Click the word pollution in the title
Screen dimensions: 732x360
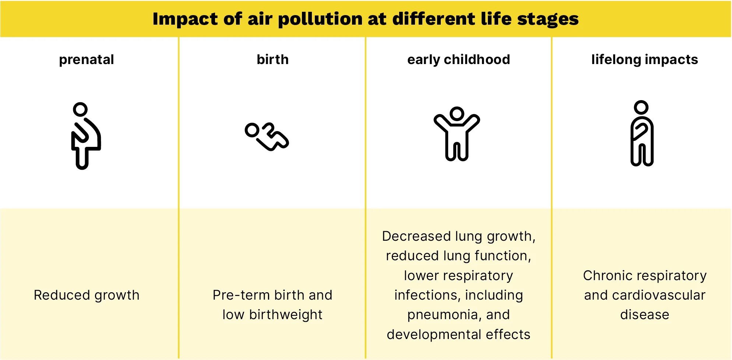(x=320, y=19)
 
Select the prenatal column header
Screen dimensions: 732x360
(x=87, y=60)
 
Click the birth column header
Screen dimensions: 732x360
(x=272, y=59)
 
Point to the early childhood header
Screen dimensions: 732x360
(x=458, y=60)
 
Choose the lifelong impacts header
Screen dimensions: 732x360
(x=644, y=60)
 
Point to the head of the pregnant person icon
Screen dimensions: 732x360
(x=80, y=109)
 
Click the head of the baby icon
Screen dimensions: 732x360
(x=253, y=130)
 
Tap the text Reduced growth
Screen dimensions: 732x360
(x=87, y=295)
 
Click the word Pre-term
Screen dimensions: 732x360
(x=241, y=295)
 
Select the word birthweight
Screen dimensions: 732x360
(x=286, y=315)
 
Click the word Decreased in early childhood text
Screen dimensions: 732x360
(x=416, y=236)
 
